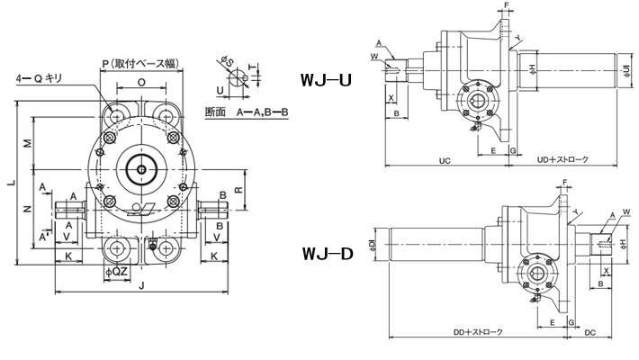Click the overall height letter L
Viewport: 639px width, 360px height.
tap(10, 184)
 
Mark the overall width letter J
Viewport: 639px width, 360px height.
tap(142, 287)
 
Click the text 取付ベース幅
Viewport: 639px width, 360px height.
tap(148, 63)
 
